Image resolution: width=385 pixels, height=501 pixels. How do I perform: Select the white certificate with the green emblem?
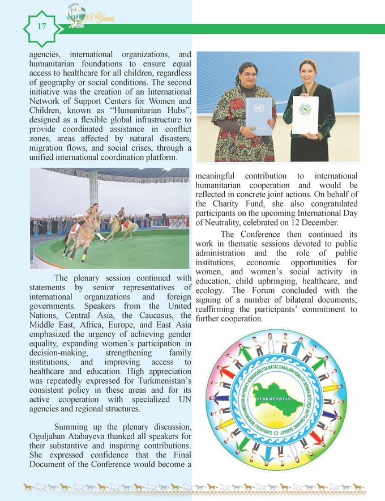(x=305, y=114)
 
